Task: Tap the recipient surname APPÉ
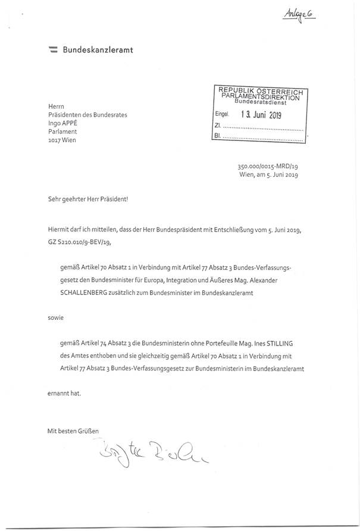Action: (73, 123)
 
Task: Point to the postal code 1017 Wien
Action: (62, 140)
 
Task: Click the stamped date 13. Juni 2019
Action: (261, 115)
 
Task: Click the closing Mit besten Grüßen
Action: (73, 429)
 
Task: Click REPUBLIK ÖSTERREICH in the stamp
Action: (261, 90)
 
